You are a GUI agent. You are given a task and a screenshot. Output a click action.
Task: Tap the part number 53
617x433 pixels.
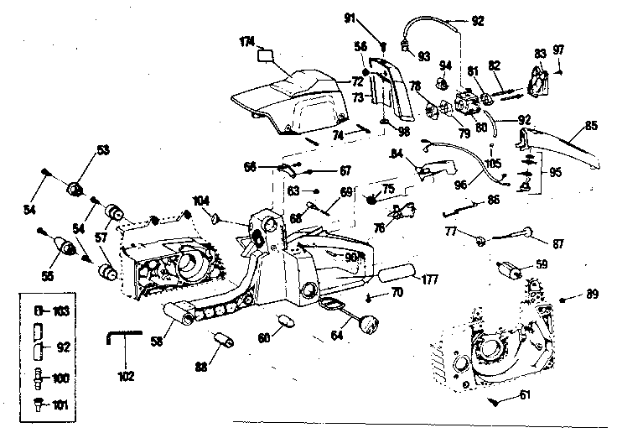pyautogui.click(x=103, y=151)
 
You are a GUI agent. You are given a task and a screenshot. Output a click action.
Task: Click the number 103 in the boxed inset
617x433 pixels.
pyautogui.click(x=60, y=310)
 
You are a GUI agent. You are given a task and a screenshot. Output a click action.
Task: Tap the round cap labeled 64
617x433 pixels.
pyautogui.click(x=366, y=320)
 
